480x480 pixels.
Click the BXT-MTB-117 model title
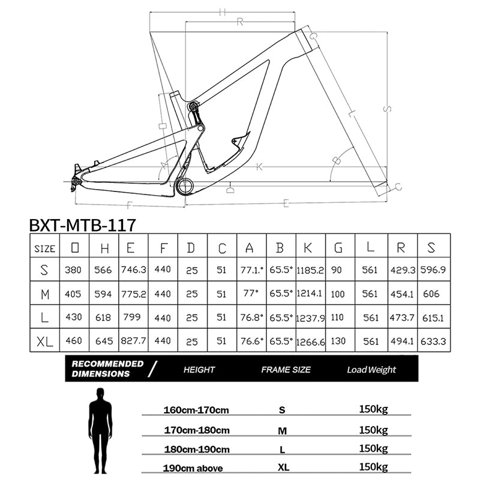(x=82, y=226)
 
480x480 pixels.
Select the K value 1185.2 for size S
(x=310, y=270)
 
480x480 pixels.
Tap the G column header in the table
(x=338, y=248)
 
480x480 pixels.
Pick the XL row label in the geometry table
(x=44, y=341)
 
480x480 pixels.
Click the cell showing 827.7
(x=133, y=341)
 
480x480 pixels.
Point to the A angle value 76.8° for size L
(x=251, y=317)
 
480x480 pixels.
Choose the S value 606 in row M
(x=431, y=294)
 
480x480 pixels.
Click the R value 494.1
(x=402, y=341)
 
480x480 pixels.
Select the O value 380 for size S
(x=73, y=270)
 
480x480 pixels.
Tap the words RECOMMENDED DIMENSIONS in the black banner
(x=107, y=368)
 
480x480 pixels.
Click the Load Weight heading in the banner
(x=371, y=370)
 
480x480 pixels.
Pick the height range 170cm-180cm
(x=197, y=430)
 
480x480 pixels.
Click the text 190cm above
(x=193, y=468)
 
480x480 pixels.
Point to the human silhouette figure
(x=100, y=431)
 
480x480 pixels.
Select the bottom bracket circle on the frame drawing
(x=185, y=187)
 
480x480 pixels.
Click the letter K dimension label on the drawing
(x=260, y=167)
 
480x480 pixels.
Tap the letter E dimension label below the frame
(x=286, y=203)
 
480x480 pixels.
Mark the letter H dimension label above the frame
(x=222, y=12)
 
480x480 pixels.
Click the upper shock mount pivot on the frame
(x=193, y=106)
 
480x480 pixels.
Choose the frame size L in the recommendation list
(x=282, y=449)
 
